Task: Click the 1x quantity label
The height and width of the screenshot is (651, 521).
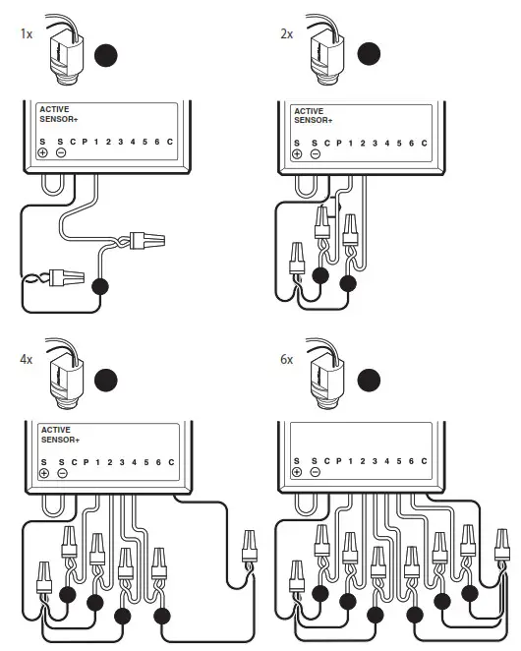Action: coord(26,33)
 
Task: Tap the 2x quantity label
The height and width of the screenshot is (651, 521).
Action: coord(286,33)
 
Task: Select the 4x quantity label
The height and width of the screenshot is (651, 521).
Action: coord(26,360)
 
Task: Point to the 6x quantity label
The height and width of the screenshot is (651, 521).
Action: coord(286,360)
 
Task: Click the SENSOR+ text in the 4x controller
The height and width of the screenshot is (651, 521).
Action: coord(61,440)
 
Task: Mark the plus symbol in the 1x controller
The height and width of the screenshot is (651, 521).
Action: coord(43,153)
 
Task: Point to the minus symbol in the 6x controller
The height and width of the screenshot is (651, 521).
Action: coord(315,472)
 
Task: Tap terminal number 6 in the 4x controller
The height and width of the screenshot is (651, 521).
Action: coord(156,462)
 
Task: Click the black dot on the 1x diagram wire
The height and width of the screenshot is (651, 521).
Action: coord(98,287)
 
